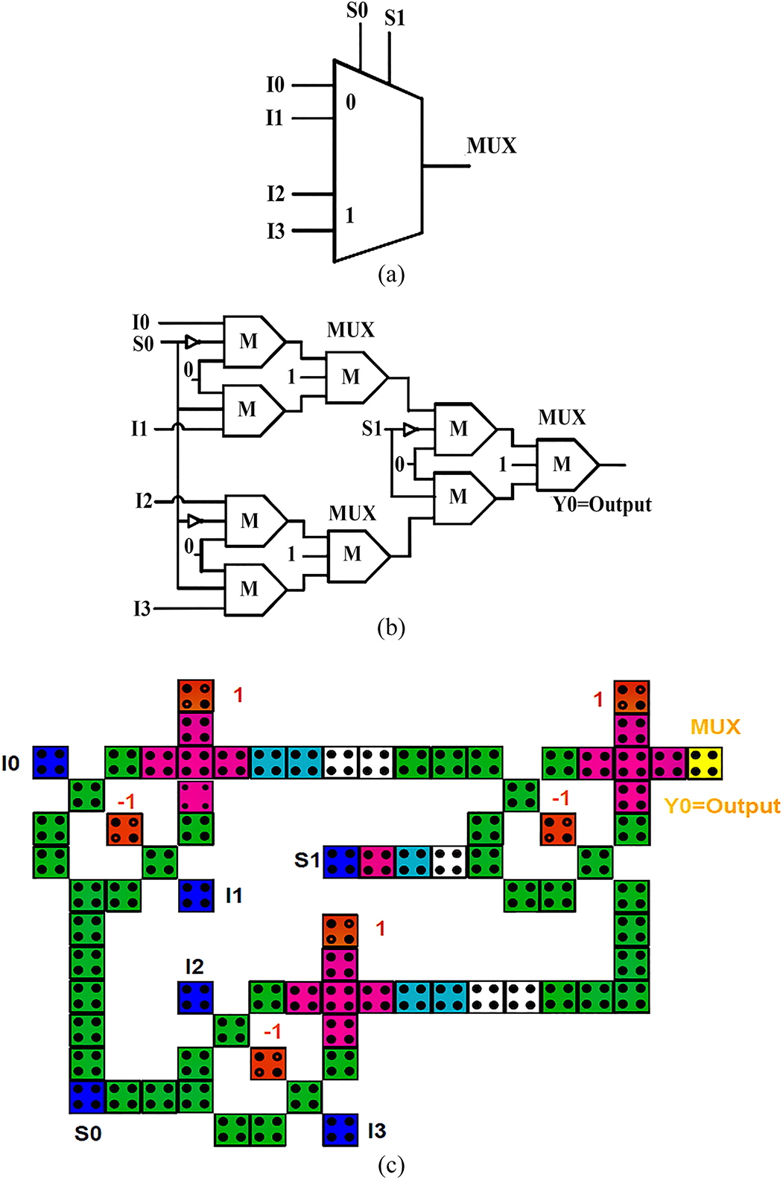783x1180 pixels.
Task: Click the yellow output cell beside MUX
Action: point(705,763)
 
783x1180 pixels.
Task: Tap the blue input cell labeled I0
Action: point(51,762)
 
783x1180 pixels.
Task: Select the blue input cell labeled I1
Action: point(196,895)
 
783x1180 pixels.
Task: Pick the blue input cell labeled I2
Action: point(196,997)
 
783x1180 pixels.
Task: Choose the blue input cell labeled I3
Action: point(340,1129)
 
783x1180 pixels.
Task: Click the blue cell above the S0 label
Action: point(87,1097)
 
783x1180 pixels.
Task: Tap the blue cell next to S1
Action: point(341,861)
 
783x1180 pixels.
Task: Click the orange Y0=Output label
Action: point(721,806)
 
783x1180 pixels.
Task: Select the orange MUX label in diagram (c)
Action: point(715,727)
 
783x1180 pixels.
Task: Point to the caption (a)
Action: point(391,275)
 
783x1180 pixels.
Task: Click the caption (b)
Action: point(391,628)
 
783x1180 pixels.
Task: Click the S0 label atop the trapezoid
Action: point(358,10)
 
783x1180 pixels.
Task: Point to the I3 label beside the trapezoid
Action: point(276,232)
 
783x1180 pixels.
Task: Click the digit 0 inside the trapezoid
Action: point(351,102)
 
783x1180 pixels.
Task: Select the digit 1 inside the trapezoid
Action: point(349,216)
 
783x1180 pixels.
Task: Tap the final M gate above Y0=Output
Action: point(562,465)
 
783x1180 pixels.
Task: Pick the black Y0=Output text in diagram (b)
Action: point(602,505)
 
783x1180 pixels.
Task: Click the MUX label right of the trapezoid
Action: point(492,146)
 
